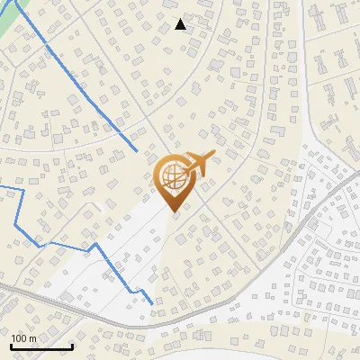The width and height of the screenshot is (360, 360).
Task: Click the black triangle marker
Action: tap(180, 24)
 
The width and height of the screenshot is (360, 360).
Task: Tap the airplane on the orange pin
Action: tap(198, 164)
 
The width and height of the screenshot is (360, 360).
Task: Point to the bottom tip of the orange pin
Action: tap(172, 211)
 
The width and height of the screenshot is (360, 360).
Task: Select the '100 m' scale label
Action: tap(23, 338)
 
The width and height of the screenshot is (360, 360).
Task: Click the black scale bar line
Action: tap(41, 346)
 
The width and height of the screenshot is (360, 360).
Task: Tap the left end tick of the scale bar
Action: tap(11, 345)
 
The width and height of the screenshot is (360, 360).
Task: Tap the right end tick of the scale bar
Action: tap(72, 345)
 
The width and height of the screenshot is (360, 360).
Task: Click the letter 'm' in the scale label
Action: tap(32, 338)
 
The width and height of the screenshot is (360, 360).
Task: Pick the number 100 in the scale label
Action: tap(19, 338)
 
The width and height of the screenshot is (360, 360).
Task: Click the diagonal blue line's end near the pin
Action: tap(136, 148)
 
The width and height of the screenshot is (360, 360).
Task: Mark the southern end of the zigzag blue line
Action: tap(150, 303)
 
